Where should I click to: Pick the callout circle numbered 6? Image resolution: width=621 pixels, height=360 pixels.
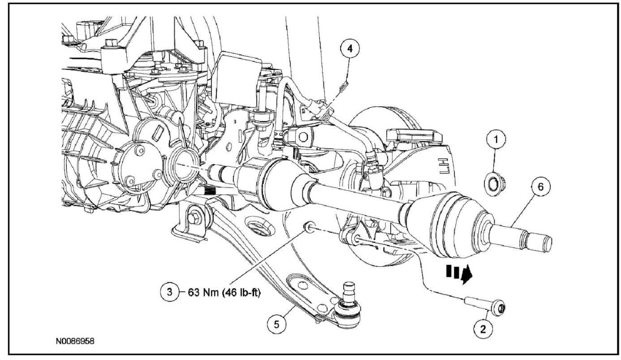pos(541,187)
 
